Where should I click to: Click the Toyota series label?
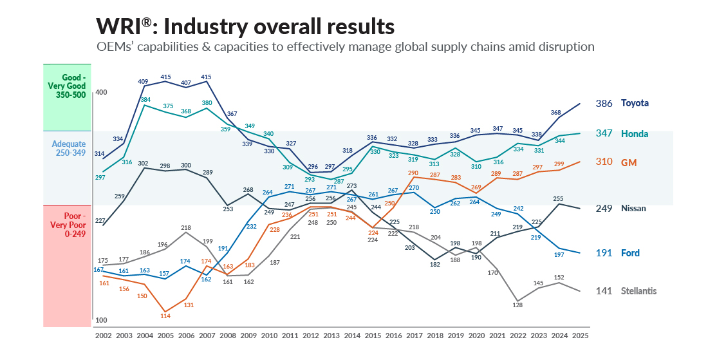coord(635,103)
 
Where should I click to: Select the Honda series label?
coord(635,133)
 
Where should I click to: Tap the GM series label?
coord(628,162)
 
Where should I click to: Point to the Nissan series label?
coord(633,209)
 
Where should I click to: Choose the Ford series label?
coord(630,253)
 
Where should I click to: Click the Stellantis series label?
coord(638,291)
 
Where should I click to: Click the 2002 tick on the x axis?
coord(104,336)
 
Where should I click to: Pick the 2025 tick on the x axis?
coord(579,336)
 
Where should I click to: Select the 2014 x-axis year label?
coord(351,336)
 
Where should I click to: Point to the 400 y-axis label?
coord(101,93)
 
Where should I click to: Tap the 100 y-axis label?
coord(101,320)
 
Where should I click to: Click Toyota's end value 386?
coord(604,103)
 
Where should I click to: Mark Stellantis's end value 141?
coord(604,291)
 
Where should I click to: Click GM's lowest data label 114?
coord(165,316)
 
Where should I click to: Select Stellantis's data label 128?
coord(517,305)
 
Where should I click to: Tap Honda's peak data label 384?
coord(145,100)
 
